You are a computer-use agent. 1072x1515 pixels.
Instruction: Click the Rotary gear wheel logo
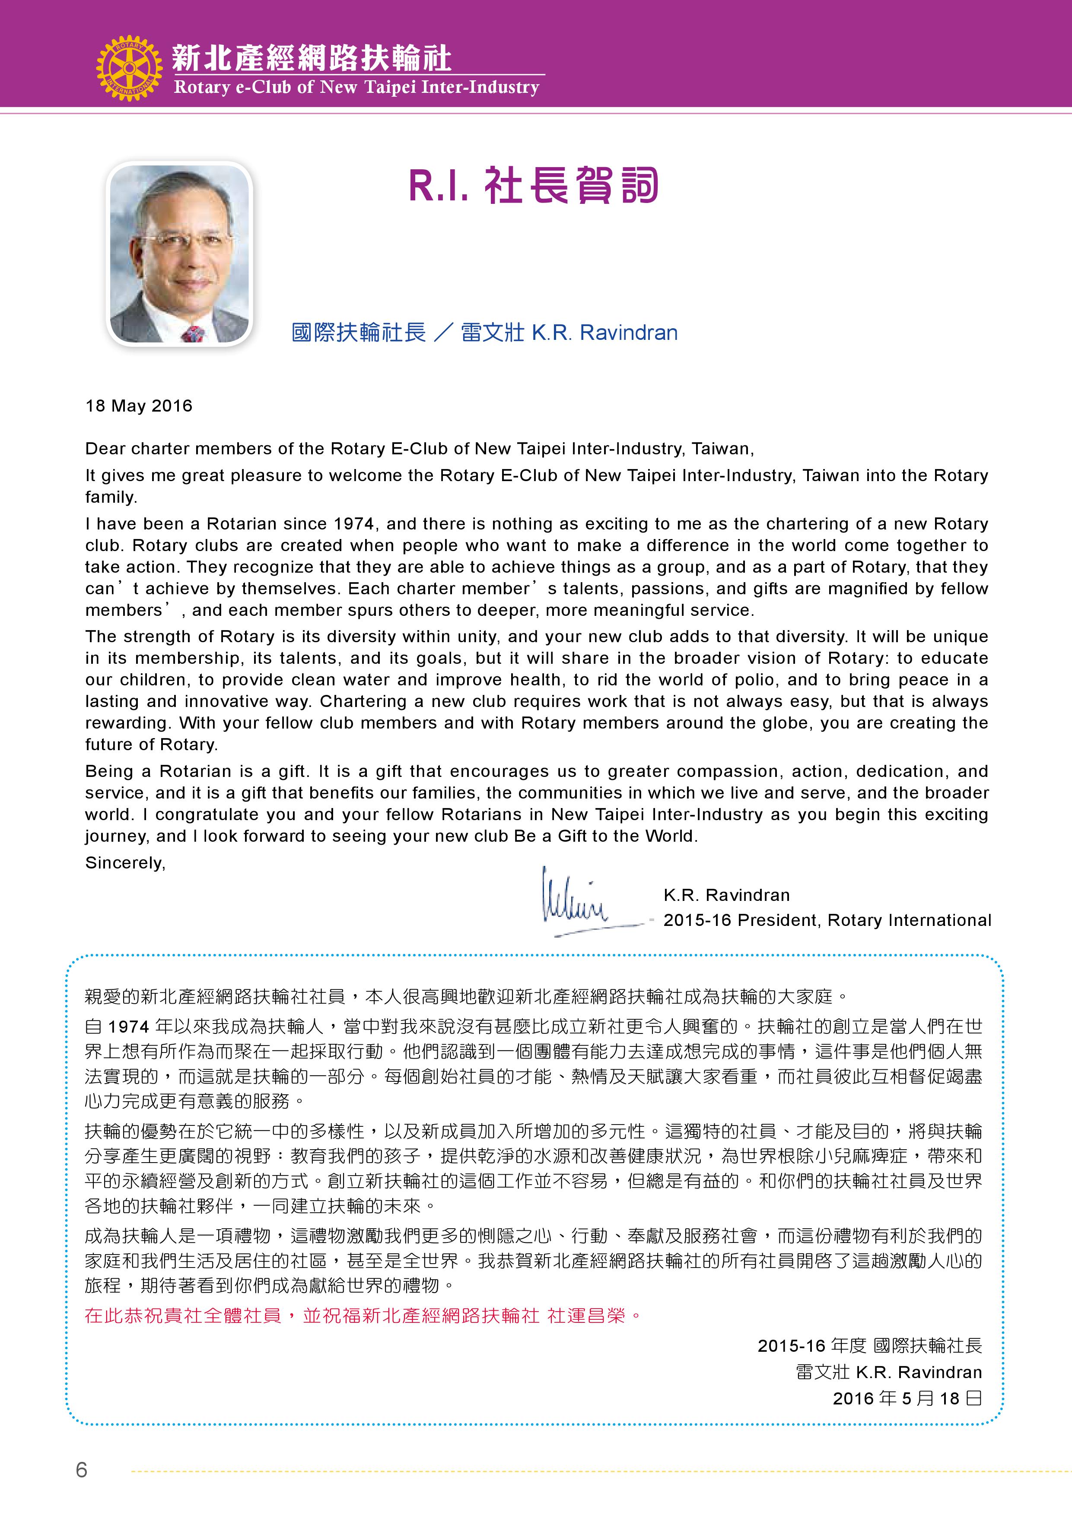129,68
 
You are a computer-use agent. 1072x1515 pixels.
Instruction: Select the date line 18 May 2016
139,406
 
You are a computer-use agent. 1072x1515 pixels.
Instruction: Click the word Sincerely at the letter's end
125,863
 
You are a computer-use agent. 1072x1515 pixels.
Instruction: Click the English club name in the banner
356,88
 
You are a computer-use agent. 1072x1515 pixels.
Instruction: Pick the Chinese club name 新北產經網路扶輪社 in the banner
312,58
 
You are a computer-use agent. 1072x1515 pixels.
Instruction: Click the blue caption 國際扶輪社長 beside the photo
359,332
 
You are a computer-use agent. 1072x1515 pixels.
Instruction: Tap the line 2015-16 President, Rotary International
827,920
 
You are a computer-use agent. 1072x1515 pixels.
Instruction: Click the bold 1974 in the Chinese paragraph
129,1027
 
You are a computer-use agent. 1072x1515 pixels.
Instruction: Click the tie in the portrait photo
192,333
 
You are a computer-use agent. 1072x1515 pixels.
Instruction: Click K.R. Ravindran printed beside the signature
726,895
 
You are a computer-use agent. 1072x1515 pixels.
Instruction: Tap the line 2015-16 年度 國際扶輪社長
869,1345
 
